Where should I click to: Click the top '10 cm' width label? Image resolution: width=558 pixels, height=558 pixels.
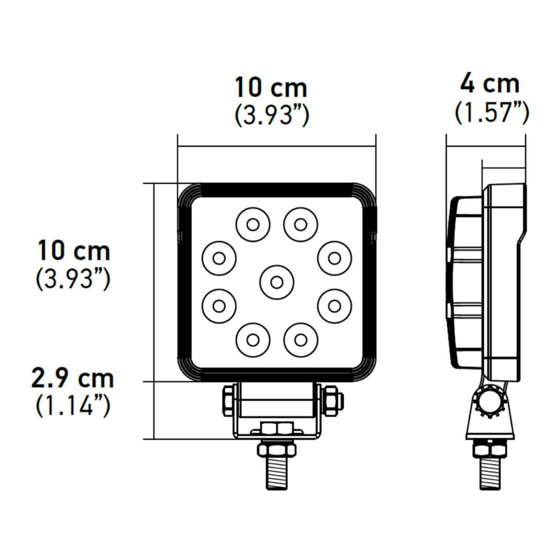[x=271, y=88]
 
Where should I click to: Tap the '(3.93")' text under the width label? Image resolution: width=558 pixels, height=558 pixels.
[x=271, y=114]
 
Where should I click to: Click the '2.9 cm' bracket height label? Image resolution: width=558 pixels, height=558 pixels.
[x=73, y=380]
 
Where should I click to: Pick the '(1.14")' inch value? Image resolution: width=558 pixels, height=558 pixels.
[x=73, y=406]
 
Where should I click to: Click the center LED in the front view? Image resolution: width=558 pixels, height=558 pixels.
[x=276, y=281]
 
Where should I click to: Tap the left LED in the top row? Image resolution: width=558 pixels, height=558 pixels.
[x=252, y=224]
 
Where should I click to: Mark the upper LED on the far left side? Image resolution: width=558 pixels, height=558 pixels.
[x=218, y=257]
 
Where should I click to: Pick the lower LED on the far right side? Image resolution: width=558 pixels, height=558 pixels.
[x=333, y=305]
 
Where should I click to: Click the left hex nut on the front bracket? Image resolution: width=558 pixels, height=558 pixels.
[x=229, y=400]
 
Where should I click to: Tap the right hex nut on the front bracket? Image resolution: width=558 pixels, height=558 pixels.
[x=331, y=400]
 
